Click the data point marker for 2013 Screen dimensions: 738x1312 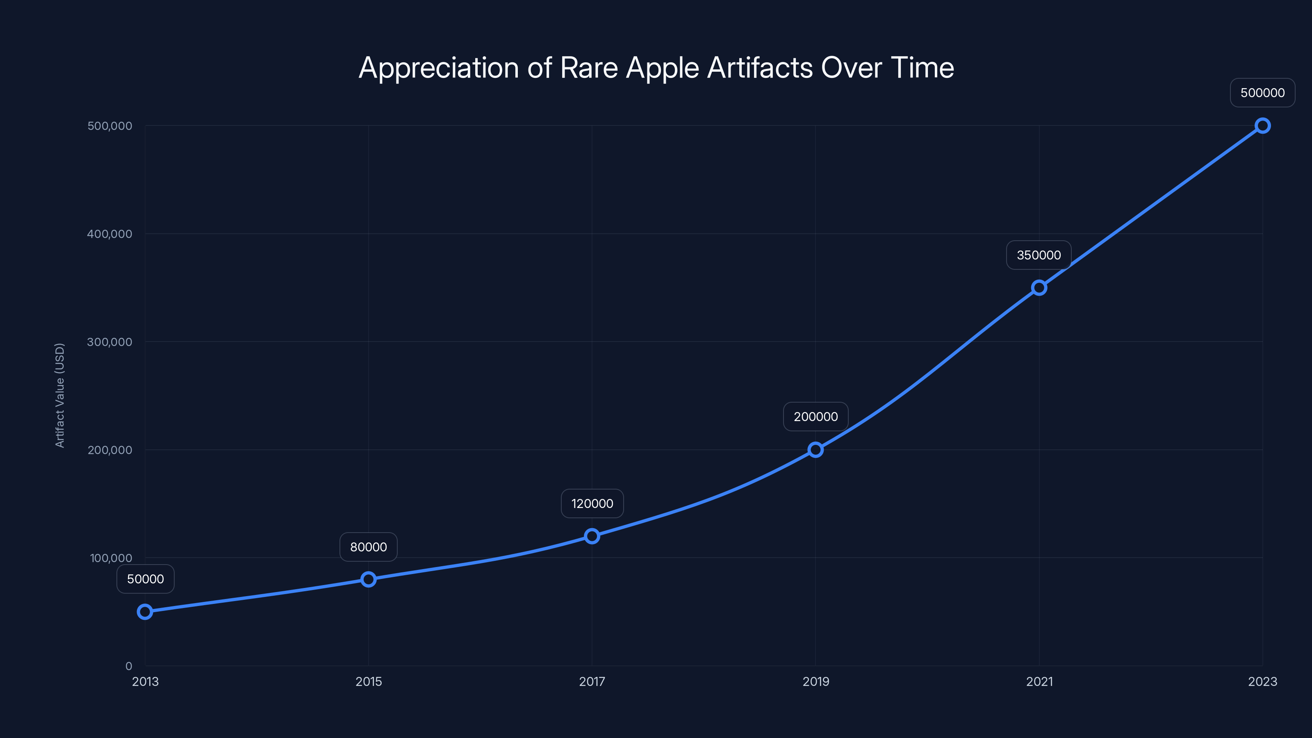[145, 612]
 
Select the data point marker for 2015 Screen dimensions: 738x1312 [368, 579]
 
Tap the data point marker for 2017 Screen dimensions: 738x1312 [592, 536]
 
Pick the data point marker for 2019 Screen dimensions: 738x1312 [815, 450]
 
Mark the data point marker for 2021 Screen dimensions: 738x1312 [1039, 288]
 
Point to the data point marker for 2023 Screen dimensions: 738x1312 [1263, 126]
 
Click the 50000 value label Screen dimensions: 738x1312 [146, 579]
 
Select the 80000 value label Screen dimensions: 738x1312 [368, 547]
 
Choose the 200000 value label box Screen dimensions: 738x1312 [815, 417]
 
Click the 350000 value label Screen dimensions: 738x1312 [1039, 255]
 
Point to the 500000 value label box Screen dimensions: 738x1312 [1263, 93]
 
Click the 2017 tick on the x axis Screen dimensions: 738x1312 [592, 681]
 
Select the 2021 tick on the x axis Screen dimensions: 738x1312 [1039, 681]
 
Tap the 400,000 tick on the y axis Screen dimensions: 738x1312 [109, 234]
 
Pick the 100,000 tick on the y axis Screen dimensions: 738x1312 [111, 558]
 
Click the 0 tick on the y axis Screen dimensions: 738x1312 [129, 666]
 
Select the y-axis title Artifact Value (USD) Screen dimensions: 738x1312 [59, 395]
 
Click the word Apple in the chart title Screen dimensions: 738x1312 [662, 68]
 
